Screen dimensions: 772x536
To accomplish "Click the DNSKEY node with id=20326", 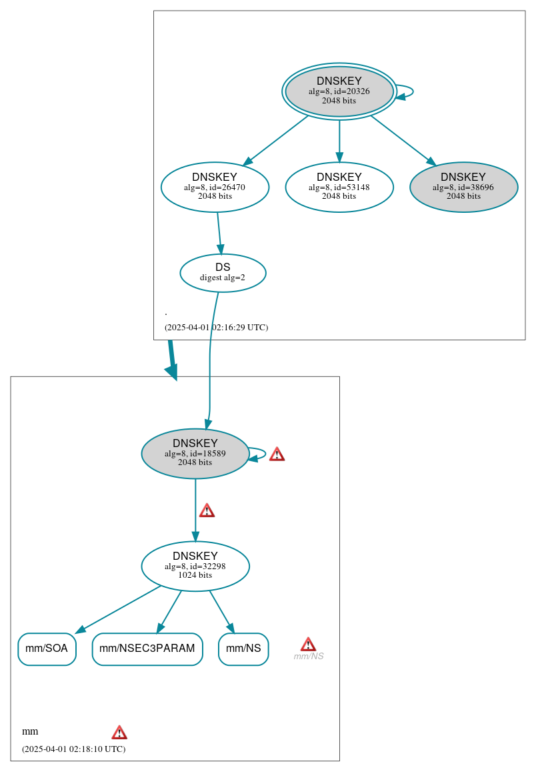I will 339,91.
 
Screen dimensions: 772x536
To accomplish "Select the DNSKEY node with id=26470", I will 215,187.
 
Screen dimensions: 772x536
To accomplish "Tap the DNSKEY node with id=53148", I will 339,187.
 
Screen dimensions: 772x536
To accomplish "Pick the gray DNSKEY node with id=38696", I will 463,187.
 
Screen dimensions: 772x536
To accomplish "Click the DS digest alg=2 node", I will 223,272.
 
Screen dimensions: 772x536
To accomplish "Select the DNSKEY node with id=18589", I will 195,453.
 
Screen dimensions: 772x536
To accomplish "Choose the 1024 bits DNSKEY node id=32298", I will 195,566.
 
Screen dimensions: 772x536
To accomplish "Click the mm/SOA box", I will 47,649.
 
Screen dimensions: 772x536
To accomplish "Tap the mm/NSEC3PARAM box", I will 147,649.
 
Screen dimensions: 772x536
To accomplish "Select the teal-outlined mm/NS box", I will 243,649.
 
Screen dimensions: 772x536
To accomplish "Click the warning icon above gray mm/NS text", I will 308,644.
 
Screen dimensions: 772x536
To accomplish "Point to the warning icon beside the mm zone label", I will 119,732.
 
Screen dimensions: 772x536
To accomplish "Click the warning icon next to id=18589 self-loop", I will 277,454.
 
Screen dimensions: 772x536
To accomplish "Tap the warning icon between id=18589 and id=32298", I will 207,510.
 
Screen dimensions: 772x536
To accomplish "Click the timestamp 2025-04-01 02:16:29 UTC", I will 216,328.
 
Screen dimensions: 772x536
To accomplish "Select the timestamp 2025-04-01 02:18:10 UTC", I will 73,749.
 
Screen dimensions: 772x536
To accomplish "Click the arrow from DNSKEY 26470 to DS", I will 219,233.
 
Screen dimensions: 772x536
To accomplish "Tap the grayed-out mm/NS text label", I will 309,657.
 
